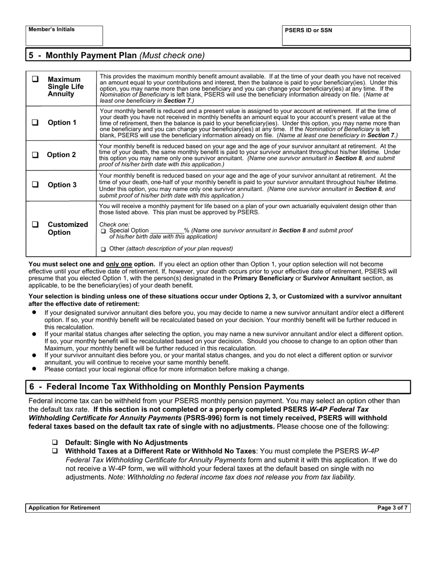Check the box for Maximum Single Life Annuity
35,79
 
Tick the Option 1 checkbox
35,123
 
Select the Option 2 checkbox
35,155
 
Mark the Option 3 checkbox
35,185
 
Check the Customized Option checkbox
35,225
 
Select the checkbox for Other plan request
103,249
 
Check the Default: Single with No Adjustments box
55,442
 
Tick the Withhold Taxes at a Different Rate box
55,451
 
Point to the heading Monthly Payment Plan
91,56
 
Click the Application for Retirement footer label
64,508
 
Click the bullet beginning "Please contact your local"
167,369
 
